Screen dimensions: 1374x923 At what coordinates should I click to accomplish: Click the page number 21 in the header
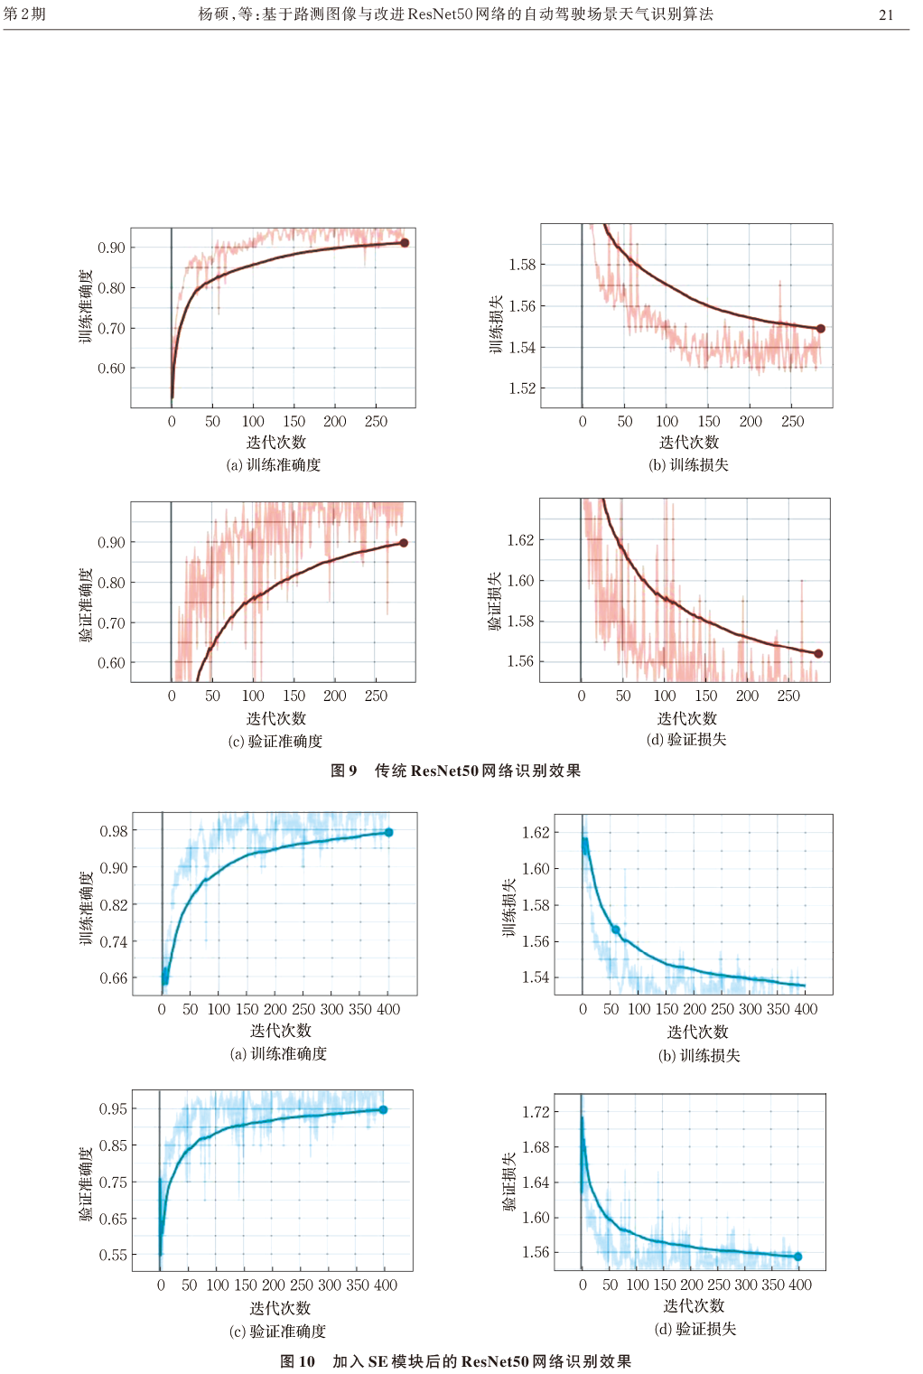coord(885,14)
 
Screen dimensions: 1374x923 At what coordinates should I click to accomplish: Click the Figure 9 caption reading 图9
coord(344,771)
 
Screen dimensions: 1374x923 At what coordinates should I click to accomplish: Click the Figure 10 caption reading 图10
coord(298,1361)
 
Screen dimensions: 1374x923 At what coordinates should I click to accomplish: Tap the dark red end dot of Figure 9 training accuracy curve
coord(405,242)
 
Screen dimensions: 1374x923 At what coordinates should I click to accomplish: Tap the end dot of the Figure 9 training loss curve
coord(820,329)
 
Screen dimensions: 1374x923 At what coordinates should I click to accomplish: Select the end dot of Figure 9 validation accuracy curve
coord(404,543)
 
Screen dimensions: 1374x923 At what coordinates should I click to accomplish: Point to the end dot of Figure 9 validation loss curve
coord(818,653)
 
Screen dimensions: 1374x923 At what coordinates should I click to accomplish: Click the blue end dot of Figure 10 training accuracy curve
coord(389,832)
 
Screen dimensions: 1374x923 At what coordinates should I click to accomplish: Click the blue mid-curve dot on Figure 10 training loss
coord(616,930)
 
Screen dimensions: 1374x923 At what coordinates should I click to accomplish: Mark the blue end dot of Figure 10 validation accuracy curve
coord(384,1109)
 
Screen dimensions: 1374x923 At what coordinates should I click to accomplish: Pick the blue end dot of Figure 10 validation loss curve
coord(797,1257)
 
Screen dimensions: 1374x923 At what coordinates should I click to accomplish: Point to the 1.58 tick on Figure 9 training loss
coord(522,265)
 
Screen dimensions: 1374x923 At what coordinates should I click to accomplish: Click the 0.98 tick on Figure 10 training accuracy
coord(114,831)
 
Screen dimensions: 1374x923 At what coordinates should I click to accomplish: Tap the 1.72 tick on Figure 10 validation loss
coord(536,1112)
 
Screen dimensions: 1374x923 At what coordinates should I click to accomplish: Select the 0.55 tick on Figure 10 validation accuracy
coord(113,1255)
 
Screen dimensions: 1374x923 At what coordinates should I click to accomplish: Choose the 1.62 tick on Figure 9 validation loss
coord(520,540)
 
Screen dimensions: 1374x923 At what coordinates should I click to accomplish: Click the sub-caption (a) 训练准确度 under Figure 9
coord(274,464)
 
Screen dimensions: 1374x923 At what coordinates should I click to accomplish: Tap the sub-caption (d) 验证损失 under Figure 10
coord(695,1329)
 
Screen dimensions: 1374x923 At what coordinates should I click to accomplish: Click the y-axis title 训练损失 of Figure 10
coord(509,908)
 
